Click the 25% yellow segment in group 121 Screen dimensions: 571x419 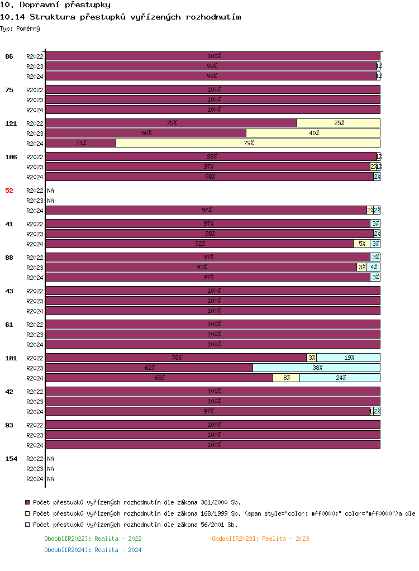(338, 123)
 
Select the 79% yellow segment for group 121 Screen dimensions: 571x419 (247, 143)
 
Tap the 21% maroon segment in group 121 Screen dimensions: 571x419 (80, 143)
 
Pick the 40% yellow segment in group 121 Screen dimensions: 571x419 (313, 133)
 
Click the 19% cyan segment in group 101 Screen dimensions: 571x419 (348, 358)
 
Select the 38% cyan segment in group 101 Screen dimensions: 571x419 (316, 368)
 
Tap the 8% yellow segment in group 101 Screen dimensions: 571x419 (286, 378)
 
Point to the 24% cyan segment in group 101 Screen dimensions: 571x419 (340, 378)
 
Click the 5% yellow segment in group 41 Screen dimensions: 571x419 (361, 244)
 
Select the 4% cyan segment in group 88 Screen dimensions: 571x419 (373, 267)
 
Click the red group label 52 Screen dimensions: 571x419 (9, 191)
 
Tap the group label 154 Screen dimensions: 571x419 (11, 459)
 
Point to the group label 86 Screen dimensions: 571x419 (9, 56)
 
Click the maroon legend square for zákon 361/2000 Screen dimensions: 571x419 (28, 502)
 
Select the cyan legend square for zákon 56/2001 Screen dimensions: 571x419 (28, 525)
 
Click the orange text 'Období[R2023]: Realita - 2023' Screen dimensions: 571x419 (260, 539)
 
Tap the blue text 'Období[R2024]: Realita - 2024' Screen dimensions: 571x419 (93, 550)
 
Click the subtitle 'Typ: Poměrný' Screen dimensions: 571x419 (20, 28)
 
